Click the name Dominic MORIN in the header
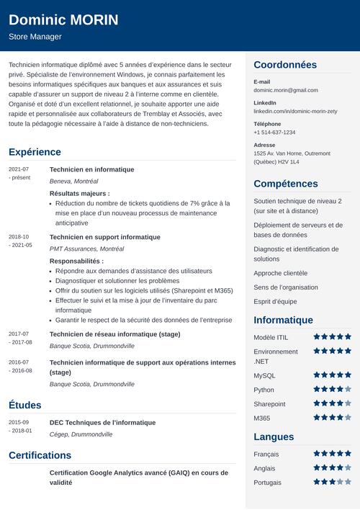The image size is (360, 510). pos(63,19)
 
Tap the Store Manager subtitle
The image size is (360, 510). pos(35,37)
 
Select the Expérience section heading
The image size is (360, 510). pos(35,152)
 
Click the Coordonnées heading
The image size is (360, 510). pos(285,65)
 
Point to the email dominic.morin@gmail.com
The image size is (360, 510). pos(285,90)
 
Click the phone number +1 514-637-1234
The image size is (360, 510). pos(274,133)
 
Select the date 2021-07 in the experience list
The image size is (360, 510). pos(19,169)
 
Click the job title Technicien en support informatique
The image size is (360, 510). pos(104,237)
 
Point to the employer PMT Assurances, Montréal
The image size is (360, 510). pos(86,249)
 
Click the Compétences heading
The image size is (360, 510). pos(286,184)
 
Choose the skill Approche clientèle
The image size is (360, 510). pos(281,273)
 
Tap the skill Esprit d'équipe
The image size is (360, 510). pos(275,302)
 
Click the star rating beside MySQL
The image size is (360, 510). pos(332,375)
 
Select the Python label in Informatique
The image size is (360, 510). pos(264,390)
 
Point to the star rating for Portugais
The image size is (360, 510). pos(332,482)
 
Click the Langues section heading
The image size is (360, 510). pos(274,437)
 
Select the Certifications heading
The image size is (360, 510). pos(40,455)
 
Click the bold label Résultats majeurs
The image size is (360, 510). pos(79,193)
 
